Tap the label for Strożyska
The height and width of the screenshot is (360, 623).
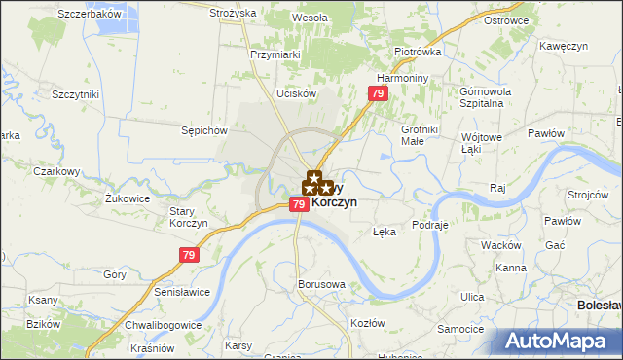pyautogui.click(x=233, y=13)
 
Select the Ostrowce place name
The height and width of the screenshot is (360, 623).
pyautogui.click(x=506, y=19)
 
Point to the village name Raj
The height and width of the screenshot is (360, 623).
pyautogui.click(x=499, y=186)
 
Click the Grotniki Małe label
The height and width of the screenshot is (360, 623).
pyautogui.click(x=421, y=134)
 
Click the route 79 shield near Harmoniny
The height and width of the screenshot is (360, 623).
pyautogui.click(x=380, y=93)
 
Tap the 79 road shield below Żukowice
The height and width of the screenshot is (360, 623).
pyautogui.click(x=190, y=255)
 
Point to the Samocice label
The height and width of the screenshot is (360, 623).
pyautogui.click(x=461, y=329)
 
